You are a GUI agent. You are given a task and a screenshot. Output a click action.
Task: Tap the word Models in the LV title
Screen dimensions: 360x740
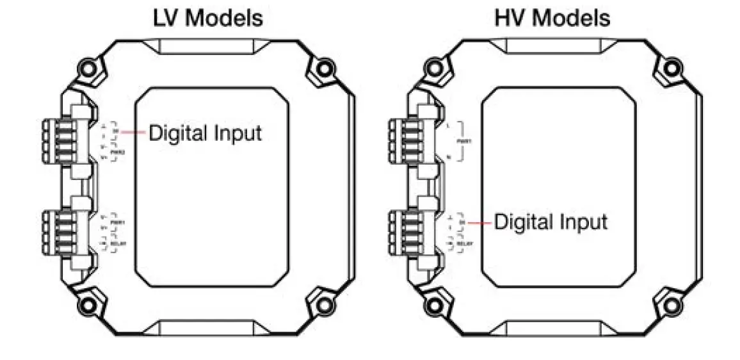223,18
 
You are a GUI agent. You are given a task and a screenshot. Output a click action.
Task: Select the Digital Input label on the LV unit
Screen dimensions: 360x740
205,133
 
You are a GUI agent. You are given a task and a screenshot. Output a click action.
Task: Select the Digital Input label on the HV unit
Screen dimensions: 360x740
551,222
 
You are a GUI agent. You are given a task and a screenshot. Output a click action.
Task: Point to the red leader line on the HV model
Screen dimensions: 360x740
480,222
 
